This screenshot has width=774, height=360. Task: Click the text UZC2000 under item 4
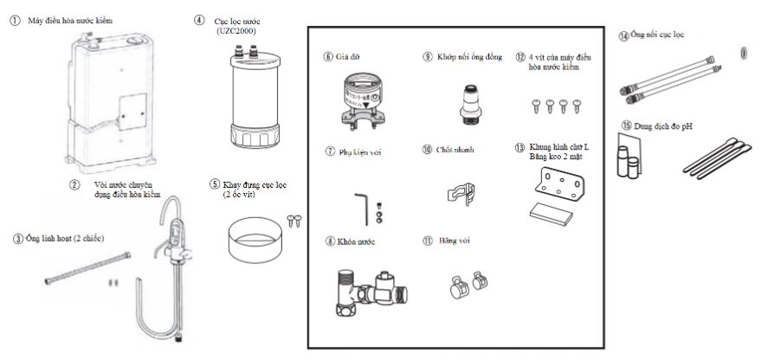point(236,31)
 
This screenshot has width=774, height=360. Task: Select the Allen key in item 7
point(365,205)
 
